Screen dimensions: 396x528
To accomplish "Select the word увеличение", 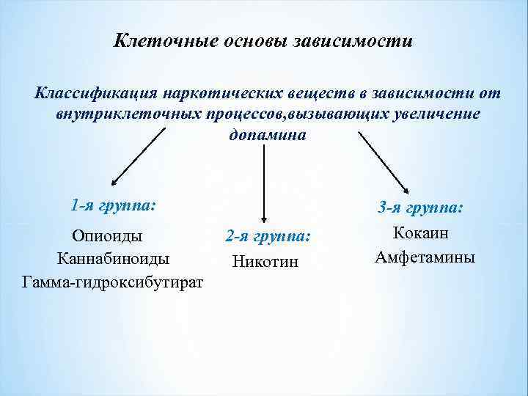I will tap(429, 115).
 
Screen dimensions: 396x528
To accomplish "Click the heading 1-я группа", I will tap(114, 205).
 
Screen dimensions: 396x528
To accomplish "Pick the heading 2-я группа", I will tap(268, 236).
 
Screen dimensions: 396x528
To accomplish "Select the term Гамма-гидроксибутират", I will tap(113, 282).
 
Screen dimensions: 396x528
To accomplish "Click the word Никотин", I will tap(265, 260).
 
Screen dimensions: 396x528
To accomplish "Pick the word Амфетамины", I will tap(425, 257).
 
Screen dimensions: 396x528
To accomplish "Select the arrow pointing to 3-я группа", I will tap(384, 162).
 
